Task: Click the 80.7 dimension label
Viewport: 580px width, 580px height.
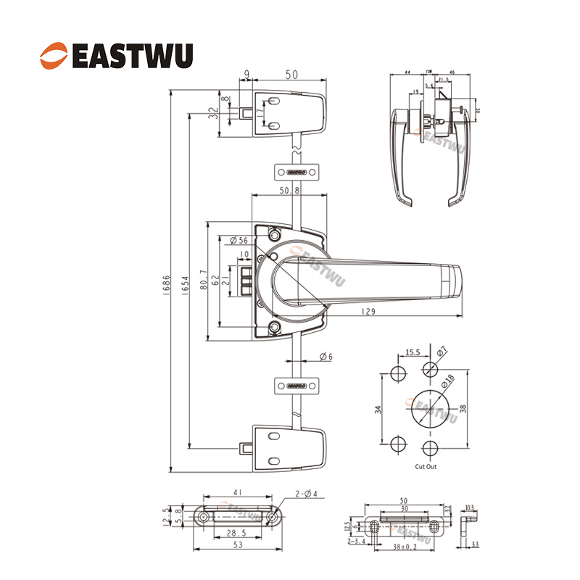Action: pyautogui.click(x=205, y=280)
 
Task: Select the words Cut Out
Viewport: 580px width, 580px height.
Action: pyautogui.click(x=426, y=467)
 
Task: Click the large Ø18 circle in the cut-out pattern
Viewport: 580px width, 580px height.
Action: pyautogui.click(x=428, y=409)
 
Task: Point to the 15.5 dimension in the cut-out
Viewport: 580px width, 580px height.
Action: pyautogui.click(x=413, y=352)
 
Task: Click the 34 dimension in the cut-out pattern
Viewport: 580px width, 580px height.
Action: pyautogui.click(x=378, y=410)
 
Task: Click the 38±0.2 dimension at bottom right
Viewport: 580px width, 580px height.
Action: pyautogui.click(x=403, y=545)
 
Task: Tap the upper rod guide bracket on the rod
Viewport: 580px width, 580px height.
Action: pyautogui.click(x=296, y=173)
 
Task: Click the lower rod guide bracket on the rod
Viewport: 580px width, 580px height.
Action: pyautogui.click(x=296, y=384)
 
